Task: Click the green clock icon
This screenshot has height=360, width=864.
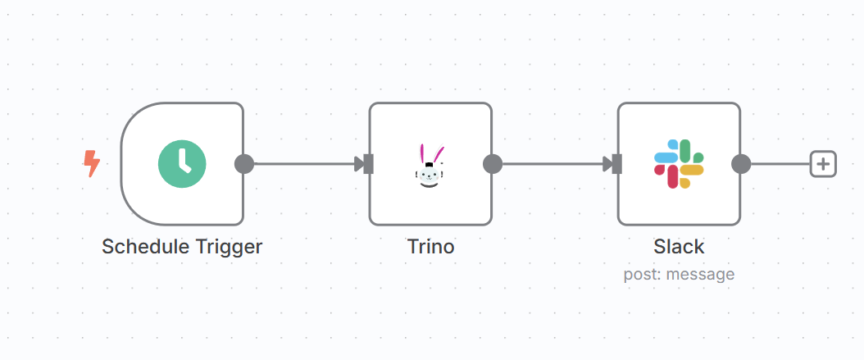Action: (x=182, y=163)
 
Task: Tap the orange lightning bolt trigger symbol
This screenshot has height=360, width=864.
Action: (x=92, y=163)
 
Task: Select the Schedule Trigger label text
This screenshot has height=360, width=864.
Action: (x=182, y=246)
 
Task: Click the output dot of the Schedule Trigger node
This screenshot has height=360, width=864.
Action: (x=243, y=164)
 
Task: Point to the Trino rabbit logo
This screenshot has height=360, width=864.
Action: (x=431, y=165)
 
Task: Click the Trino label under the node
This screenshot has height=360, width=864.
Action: (x=430, y=246)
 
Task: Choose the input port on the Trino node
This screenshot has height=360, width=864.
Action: (x=368, y=164)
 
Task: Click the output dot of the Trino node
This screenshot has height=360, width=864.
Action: (x=492, y=164)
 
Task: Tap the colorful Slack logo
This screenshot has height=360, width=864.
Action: (x=679, y=164)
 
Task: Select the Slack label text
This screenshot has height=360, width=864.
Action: (x=679, y=246)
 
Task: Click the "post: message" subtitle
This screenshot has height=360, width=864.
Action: (x=679, y=274)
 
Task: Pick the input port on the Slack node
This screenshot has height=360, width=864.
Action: (x=616, y=164)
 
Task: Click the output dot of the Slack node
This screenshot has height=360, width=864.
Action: (x=740, y=164)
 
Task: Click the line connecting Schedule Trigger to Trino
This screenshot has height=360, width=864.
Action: (x=303, y=164)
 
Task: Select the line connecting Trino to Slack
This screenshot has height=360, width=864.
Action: (x=553, y=164)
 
